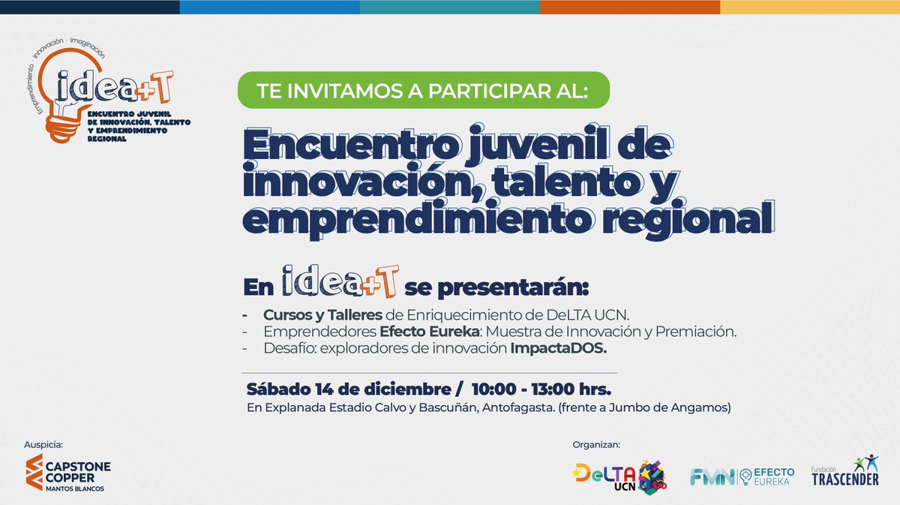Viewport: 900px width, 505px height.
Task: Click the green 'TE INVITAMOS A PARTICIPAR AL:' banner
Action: [x=424, y=91]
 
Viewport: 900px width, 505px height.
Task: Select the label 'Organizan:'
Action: [x=596, y=444]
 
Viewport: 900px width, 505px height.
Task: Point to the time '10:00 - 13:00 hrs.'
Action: [x=541, y=390]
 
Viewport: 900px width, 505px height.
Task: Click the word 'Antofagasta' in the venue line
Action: [x=496, y=408]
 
